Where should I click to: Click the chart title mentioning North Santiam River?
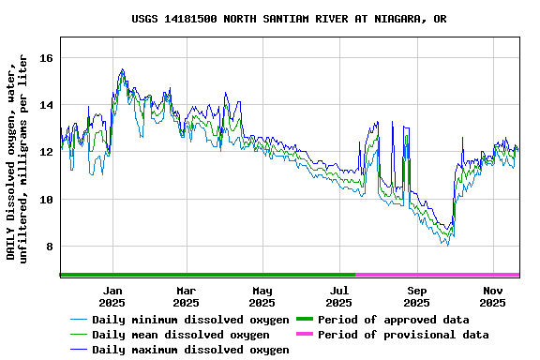289,19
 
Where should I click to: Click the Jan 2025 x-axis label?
112,296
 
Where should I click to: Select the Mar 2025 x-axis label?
186,296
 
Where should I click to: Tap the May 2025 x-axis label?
262,296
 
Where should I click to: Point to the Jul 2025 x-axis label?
339,296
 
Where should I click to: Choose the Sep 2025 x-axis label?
416,296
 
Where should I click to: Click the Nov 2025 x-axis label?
493,296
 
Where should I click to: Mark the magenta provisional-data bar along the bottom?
437,275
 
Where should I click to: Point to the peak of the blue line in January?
122,69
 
